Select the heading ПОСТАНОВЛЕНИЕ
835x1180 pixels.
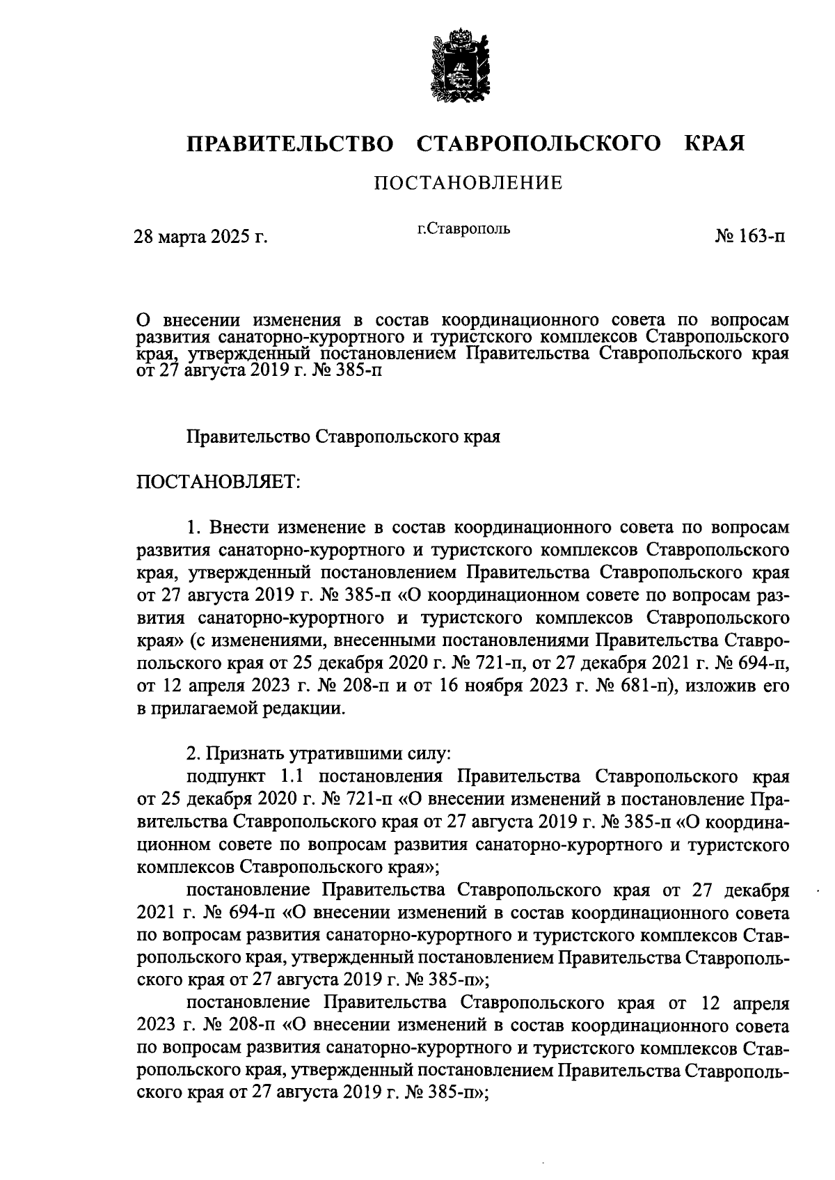468,183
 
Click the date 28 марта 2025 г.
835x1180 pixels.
201,237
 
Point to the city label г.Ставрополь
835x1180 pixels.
463,228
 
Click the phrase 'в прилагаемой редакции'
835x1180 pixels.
241,709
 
